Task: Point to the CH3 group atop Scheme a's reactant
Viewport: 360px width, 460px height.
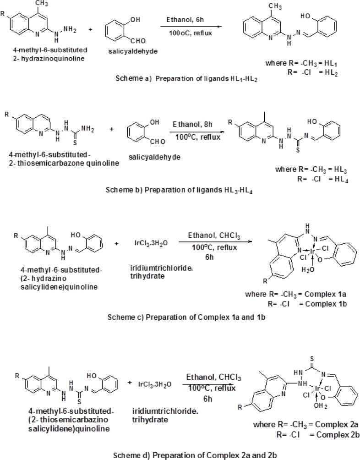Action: click(x=42, y=4)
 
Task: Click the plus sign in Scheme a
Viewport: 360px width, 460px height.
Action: click(x=90, y=30)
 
